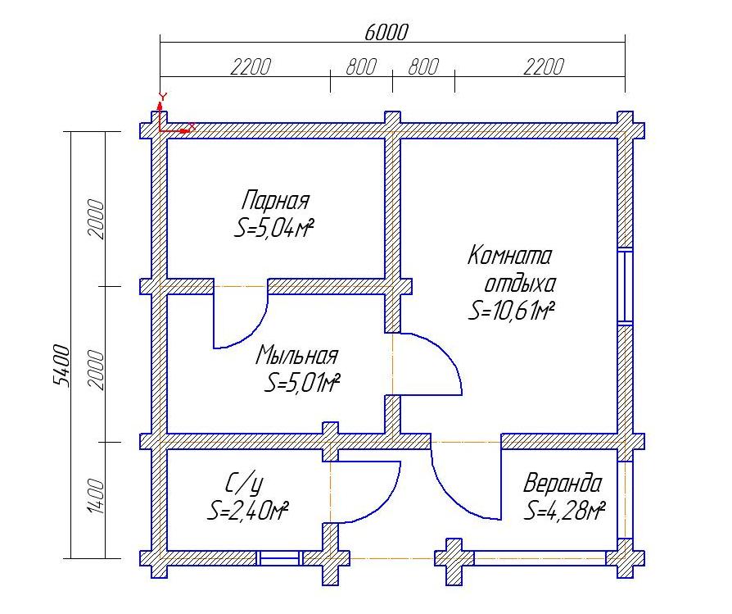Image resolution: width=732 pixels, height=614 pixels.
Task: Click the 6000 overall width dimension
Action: coord(386,32)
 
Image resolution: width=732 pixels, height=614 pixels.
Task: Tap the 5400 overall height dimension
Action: coord(61,366)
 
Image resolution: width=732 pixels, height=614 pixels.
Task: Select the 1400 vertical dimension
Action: coord(96,496)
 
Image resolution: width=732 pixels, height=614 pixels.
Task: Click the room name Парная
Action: coord(275,200)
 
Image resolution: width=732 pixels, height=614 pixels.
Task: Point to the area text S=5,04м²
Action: coord(273,228)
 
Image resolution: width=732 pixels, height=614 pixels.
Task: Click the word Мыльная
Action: coord(297,355)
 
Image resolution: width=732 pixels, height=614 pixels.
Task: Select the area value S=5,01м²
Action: coord(302,383)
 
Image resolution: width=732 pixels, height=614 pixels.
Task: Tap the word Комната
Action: coord(510,256)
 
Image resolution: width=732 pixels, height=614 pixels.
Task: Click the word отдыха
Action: coord(520,283)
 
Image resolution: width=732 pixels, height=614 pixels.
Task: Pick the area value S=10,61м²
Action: coord(512,311)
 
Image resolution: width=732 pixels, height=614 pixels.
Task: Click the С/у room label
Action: coord(244,483)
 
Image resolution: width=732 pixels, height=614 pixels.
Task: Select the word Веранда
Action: coord(562,483)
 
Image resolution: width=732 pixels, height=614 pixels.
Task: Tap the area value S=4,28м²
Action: coord(564,510)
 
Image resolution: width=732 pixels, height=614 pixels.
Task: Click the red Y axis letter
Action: coord(162,97)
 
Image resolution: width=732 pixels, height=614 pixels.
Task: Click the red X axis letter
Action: coord(192,126)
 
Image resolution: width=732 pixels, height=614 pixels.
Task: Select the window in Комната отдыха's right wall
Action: coord(625,286)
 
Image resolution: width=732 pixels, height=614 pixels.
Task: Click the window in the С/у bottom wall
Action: coord(279,558)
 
